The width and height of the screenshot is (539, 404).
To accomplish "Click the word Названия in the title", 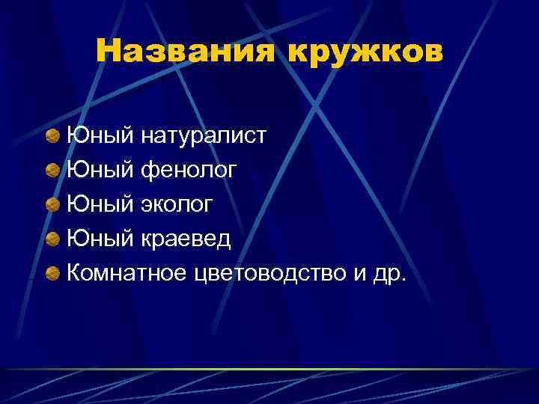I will coord(186,52).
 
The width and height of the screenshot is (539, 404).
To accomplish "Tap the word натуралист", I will coord(203,136).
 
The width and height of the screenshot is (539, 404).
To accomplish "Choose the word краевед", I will coord(186,240).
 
